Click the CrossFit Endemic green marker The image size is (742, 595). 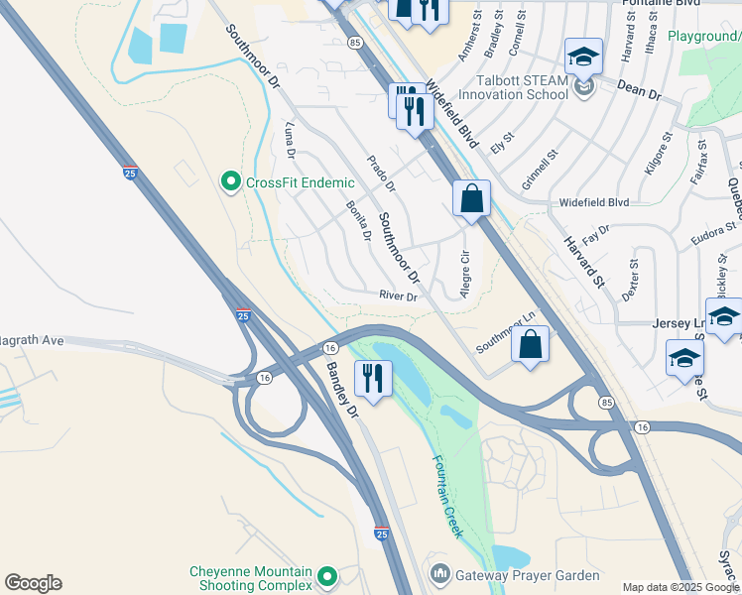click(x=231, y=181)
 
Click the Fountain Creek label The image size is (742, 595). click(x=447, y=496)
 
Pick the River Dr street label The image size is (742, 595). click(x=399, y=296)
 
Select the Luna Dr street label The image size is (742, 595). click(x=290, y=140)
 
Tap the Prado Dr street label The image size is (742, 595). click(x=381, y=174)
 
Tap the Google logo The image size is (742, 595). click(x=33, y=583)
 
